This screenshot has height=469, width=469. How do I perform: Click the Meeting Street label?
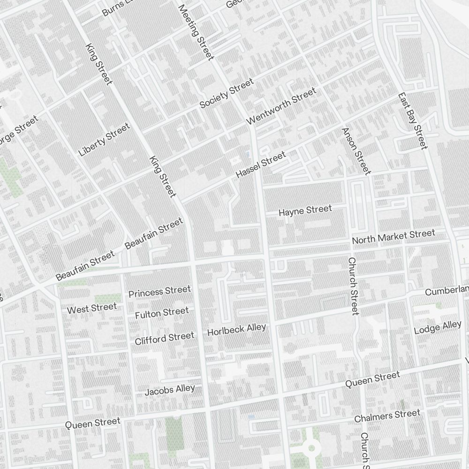tap(196, 32)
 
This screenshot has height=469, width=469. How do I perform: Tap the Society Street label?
tap(227, 94)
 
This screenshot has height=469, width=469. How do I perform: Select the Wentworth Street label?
tap(281, 106)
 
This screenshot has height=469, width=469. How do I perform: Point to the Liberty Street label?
tap(104, 140)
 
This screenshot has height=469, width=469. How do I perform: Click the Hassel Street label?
tap(260, 165)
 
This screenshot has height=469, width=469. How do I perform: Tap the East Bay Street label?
tap(413, 121)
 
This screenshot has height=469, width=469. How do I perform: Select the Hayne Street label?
tap(305, 211)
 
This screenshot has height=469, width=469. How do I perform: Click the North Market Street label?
tap(393, 237)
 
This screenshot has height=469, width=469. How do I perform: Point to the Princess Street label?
tap(159, 292)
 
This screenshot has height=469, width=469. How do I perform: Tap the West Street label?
tap(91, 309)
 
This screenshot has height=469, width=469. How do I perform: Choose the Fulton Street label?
tap(162, 313)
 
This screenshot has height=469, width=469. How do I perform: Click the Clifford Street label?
tap(164, 338)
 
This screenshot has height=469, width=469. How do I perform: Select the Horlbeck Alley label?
tap(236, 330)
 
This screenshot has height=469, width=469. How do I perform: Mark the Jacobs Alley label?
tap(169, 390)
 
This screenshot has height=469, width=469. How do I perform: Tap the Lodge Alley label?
tap(438, 327)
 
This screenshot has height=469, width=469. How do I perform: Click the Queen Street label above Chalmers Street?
tap(372, 379)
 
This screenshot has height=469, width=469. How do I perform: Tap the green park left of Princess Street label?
tap(108, 299)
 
